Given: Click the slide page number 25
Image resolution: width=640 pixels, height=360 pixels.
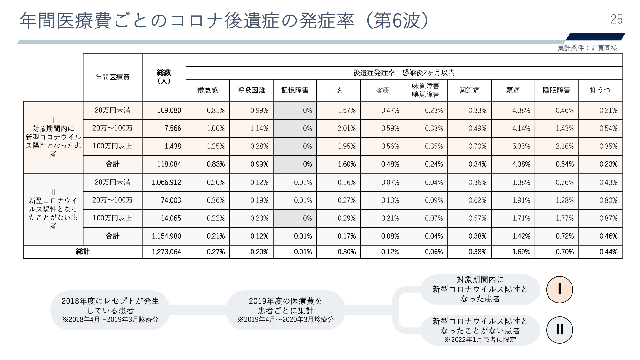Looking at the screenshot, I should point(616,20).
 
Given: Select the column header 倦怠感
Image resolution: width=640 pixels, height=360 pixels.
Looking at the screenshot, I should point(207,91).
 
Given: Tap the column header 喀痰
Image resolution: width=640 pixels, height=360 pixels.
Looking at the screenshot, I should point(382,91).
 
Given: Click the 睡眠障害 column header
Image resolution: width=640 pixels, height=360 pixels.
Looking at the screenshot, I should point(556,91).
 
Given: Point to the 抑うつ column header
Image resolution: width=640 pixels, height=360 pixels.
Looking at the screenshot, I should point(600,91).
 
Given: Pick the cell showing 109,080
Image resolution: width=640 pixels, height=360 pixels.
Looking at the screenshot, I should point(169,111).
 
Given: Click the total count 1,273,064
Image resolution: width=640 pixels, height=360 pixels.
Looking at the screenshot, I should point(166,252).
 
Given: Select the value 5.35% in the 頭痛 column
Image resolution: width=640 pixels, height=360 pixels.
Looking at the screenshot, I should point(521,147).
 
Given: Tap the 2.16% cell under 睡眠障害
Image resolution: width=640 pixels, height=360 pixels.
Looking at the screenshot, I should point(564,147).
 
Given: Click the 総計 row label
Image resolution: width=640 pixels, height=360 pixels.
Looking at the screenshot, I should point(83,252).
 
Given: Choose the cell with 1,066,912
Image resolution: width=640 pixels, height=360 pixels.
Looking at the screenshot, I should point(166,183).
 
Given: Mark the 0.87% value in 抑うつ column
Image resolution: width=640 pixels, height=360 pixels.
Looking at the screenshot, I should point(608,219).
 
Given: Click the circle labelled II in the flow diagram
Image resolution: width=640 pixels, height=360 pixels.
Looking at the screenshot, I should point(559,330).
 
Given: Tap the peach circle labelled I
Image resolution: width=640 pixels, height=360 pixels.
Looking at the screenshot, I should point(559,290).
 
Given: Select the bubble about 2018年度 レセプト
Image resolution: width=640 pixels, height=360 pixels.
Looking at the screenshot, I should point(110,310).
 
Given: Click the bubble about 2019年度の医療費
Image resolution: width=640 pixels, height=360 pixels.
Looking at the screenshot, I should point(285,310).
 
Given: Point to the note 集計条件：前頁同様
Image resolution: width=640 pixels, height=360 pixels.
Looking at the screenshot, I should point(587,48).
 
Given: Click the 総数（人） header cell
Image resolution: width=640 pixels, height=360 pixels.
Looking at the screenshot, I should point(164,77).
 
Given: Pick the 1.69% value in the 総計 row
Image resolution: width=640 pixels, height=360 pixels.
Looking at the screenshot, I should point(521,252).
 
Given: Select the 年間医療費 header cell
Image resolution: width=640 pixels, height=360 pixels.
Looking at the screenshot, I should point(113,77).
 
